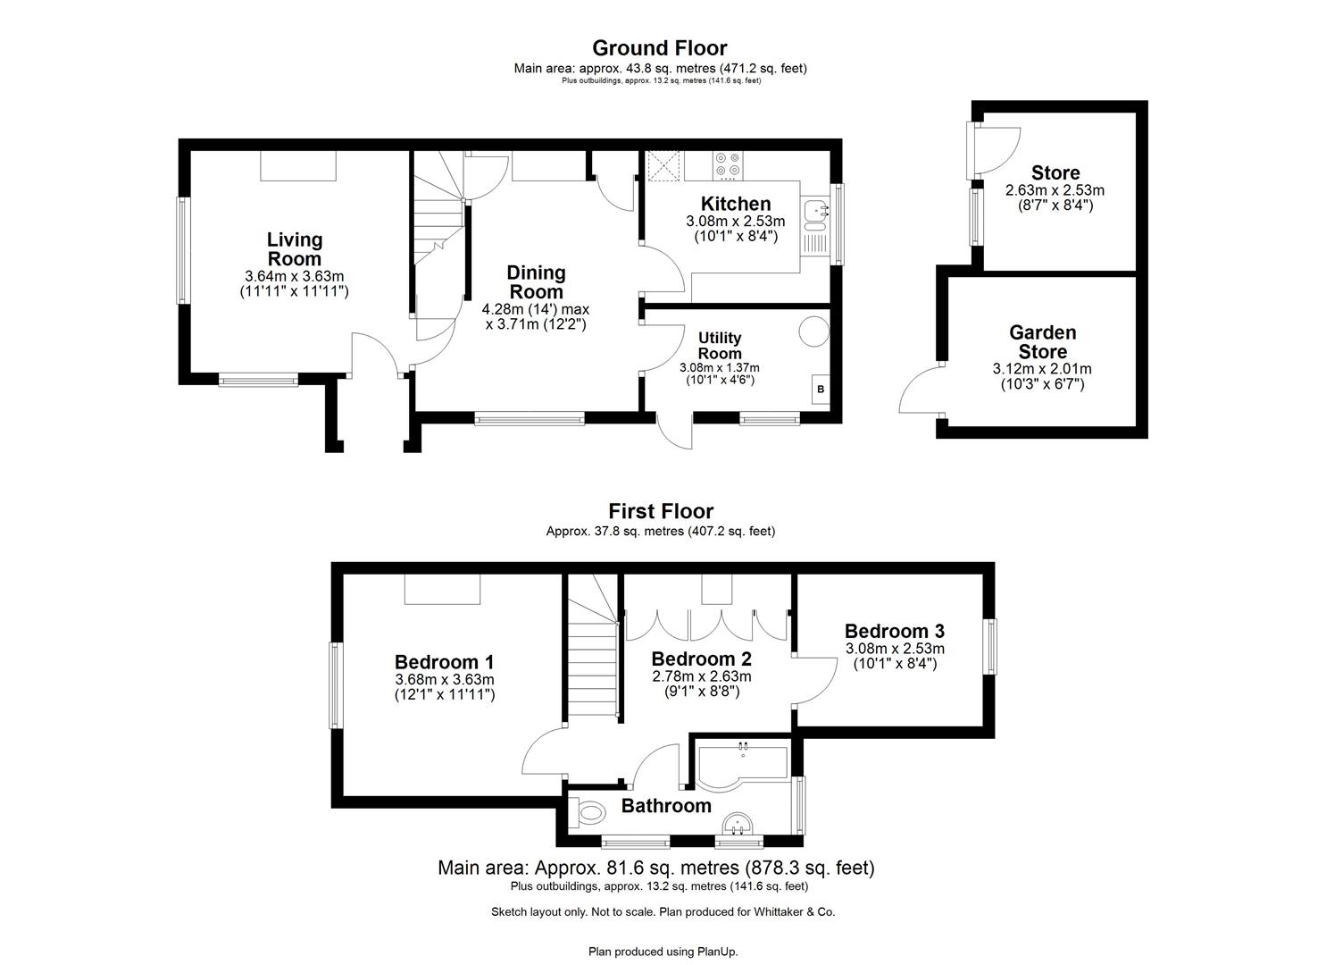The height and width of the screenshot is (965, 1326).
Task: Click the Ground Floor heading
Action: coord(660,48)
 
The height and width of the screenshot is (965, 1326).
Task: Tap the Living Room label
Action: coord(295,248)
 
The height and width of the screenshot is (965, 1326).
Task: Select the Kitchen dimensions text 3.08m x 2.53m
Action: coord(735,222)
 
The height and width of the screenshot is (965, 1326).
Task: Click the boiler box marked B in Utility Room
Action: coord(819,390)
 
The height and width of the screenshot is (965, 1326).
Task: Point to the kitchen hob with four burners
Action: coord(728,165)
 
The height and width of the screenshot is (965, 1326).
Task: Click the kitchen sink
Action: coord(813,212)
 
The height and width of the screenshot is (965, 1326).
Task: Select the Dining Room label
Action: coord(536,282)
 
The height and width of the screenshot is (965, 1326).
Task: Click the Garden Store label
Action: coord(1042,342)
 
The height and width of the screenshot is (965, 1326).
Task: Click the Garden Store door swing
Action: coord(920,393)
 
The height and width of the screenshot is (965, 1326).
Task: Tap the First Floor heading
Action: coord(661,511)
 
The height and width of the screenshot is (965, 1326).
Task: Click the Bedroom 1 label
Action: coord(444,662)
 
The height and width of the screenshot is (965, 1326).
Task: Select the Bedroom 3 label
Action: coord(894,631)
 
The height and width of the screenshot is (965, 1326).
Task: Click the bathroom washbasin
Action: coord(739,824)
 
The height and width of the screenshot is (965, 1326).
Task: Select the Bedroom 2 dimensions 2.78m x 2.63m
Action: coord(701,676)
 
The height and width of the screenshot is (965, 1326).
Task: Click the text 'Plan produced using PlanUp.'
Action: coord(663,952)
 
